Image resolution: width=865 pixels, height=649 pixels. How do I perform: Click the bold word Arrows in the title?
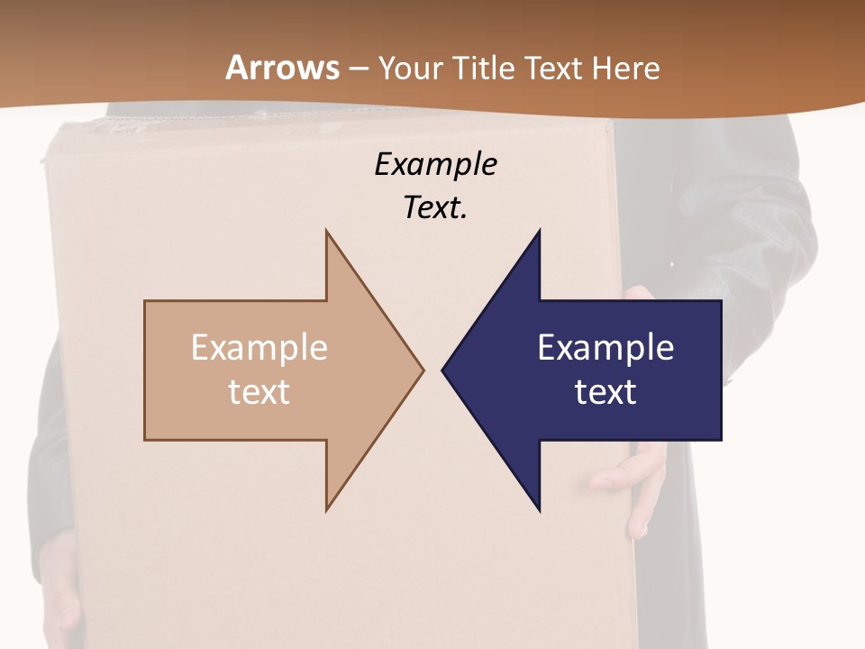tap(282, 68)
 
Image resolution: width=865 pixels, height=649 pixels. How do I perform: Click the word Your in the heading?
tap(408, 68)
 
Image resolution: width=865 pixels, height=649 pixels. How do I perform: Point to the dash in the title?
tap(358, 69)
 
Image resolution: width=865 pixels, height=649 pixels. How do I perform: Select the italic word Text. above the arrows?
tap(436, 207)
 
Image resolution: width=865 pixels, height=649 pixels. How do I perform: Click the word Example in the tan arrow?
tap(259, 348)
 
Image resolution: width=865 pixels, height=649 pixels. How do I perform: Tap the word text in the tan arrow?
tap(259, 392)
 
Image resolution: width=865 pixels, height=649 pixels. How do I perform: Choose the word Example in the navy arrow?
tap(605, 348)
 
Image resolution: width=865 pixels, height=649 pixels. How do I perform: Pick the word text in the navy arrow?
tap(605, 392)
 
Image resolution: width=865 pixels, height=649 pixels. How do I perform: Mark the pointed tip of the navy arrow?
tap(444, 370)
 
